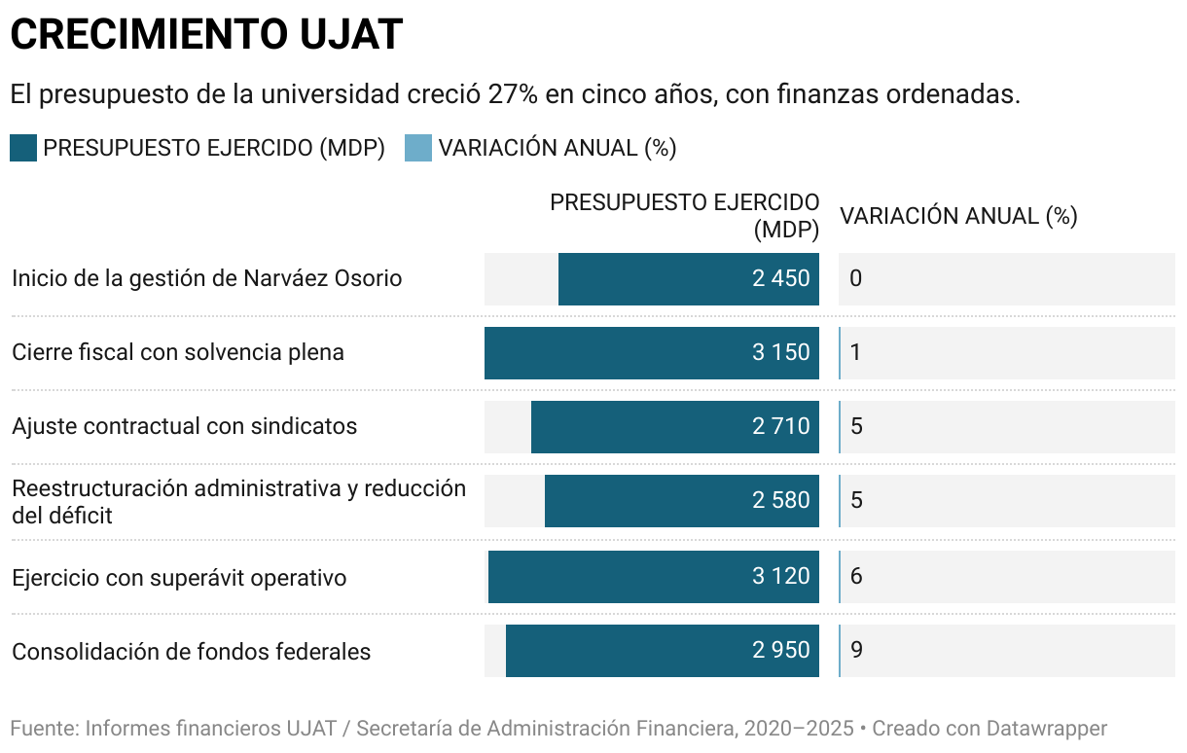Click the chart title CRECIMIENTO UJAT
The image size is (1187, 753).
pos(205,35)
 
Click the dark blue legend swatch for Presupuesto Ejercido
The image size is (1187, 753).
pos(23,148)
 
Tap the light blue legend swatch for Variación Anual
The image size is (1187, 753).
pos(417,148)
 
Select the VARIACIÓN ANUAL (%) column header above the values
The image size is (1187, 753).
pos(958,216)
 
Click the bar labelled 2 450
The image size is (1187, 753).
pos(688,279)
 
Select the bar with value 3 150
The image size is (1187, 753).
pos(651,353)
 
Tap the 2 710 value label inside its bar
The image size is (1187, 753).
pos(780,426)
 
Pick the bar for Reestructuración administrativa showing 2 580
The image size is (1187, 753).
pos(681,501)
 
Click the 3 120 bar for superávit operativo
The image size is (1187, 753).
pos(653,577)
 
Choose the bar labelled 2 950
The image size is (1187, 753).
pos(662,651)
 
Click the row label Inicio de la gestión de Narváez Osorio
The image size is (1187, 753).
pos(206,278)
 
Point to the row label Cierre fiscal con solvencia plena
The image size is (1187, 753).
pos(178,352)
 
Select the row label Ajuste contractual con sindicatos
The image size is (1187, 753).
pos(184,426)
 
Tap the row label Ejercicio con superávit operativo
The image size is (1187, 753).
pos(179,578)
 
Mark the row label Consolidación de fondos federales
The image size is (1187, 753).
pos(191,652)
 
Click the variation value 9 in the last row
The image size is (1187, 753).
pos(856,650)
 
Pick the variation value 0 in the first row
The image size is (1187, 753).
pos(855,279)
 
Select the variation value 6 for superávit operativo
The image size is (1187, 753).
pos(856,576)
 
